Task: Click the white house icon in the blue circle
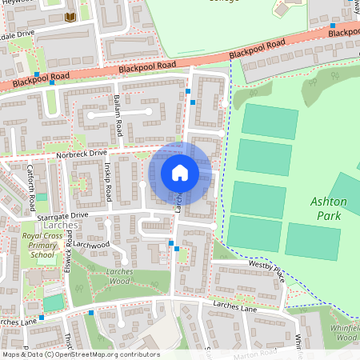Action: (x=180, y=173)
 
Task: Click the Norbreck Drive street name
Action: (x=82, y=152)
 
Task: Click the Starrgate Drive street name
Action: (x=62, y=215)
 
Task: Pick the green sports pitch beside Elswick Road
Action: (x=53, y=303)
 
